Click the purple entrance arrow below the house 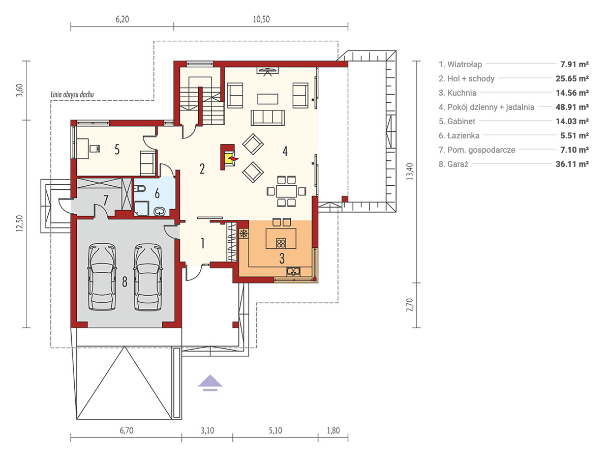[x=210, y=382]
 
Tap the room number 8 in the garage [x=125, y=282]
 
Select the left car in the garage [x=102, y=277]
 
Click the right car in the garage [x=148, y=277]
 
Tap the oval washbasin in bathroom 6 [x=160, y=211]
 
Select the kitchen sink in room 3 [x=293, y=271]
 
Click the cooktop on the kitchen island [x=281, y=243]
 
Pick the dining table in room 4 [x=287, y=191]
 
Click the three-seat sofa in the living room [x=267, y=118]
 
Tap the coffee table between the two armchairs [x=267, y=99]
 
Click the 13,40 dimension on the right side [x=410, y=171]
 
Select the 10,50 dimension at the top [x=261, y=19]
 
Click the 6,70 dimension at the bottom [x=127, y=431]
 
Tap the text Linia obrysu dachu [x=72, y=95]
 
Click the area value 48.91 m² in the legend [x=572, y=107]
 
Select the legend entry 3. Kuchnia [x=457, y=93]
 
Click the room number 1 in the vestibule [x=203, y=243]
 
